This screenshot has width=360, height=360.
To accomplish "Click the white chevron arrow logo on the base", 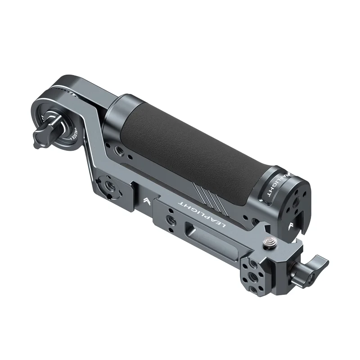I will pos(147,201).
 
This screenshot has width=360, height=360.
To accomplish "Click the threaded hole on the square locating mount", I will pos(109,185).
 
